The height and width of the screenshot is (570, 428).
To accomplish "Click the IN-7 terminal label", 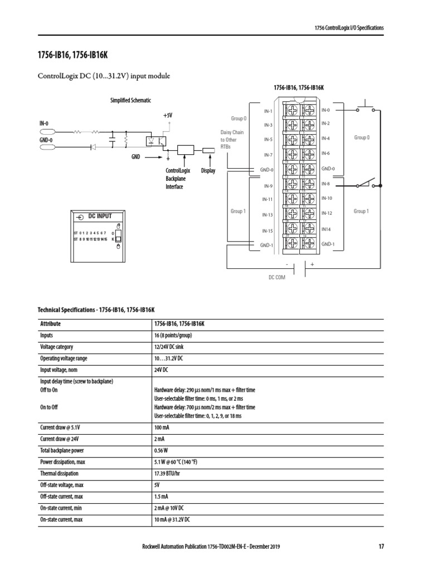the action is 267,155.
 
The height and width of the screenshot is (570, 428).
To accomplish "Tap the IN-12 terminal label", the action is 327,213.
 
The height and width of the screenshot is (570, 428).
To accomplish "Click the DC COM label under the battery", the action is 277,277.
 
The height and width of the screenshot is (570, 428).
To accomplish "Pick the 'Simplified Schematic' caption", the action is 130,100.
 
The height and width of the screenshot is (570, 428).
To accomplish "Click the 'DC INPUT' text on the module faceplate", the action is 100,215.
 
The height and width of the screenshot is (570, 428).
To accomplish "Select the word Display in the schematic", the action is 208,171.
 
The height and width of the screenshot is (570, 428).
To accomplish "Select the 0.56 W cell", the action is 162,450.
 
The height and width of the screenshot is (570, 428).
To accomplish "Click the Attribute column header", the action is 50,323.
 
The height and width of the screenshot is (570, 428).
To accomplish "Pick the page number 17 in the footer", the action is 381,547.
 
